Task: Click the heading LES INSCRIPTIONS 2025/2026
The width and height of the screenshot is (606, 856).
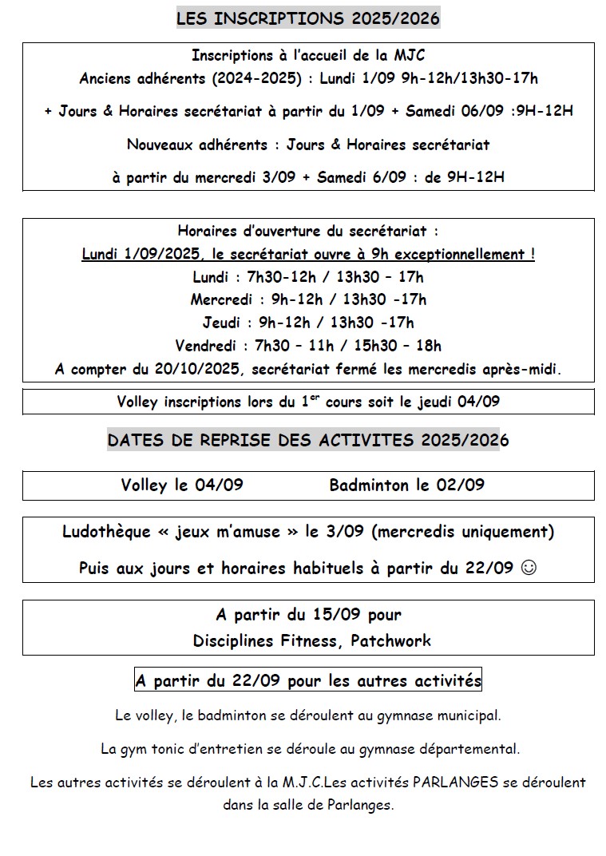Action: pyautogui.click(x=307, y=18)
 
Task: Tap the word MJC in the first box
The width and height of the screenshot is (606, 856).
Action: pyautogui.click(x=410, y=55)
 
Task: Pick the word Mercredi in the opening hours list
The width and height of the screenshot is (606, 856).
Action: pyautogui.click(x=219, y=300)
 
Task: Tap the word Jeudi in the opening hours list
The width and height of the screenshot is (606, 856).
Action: pyautogui.click(x=220, y=323)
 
